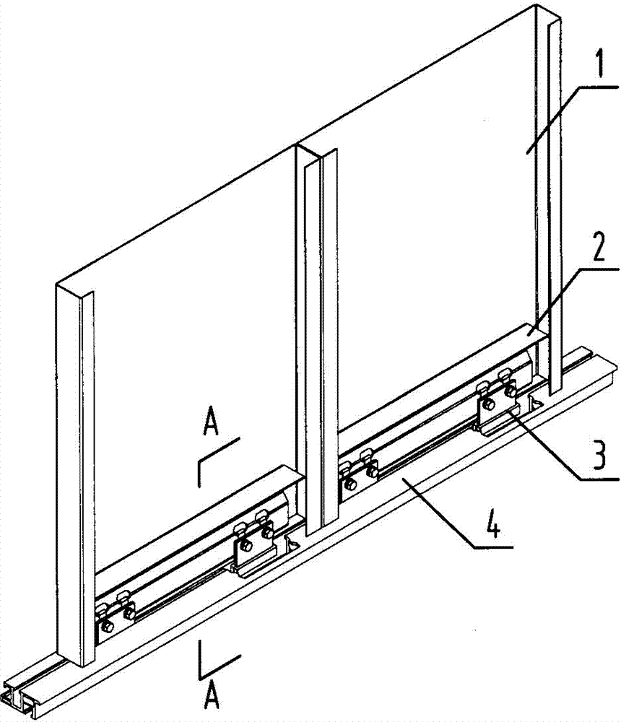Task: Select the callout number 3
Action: pos(599,453)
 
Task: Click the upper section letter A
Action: pos(210,422)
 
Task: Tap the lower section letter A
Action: pos(212,696)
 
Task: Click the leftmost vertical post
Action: pos(75,474)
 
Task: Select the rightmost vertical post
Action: pos(549,198)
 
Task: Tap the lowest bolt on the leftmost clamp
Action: pos(107,627)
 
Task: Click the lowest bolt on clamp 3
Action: pos(490,405)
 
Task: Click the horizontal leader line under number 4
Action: pos(493,547)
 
